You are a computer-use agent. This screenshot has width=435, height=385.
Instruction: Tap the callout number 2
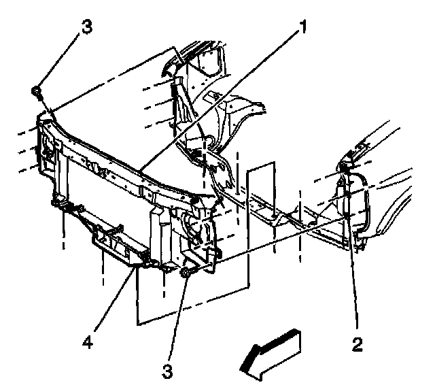[x=357, y=343]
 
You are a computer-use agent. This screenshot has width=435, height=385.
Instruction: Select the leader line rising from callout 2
[x=353, y=272]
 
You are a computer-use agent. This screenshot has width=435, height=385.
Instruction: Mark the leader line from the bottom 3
[x=176, y=320]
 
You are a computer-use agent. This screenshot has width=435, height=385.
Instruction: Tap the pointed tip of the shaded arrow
[x=243, y=371]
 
